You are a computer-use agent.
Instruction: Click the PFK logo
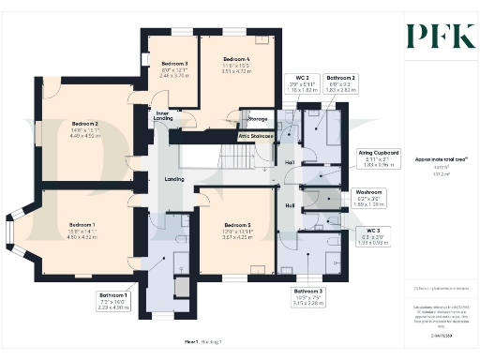pos(433,36)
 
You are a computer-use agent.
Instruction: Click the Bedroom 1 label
pos(82,229)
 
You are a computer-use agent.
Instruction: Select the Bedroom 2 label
pos(85,127)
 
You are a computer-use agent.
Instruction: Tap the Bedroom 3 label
pos(169,67)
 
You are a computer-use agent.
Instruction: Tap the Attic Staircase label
pos(255,137)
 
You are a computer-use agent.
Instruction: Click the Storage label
pos(256,120)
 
